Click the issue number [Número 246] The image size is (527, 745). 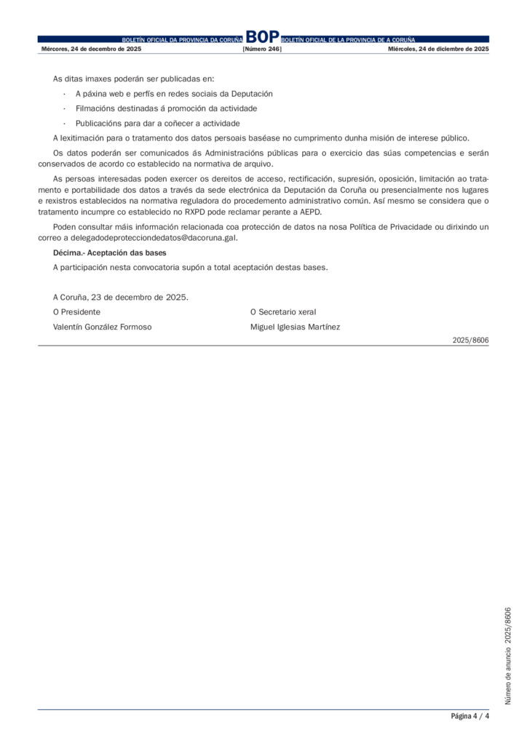(262, 49)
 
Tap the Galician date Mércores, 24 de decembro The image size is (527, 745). (91, 49)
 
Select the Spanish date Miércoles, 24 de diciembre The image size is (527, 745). (438, 49)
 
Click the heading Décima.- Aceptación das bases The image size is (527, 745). (110, 252)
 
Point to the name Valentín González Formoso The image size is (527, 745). (103, 327)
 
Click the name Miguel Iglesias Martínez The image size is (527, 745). (295, 327)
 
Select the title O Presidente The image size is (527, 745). (77, 311)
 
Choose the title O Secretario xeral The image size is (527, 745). (283, 311)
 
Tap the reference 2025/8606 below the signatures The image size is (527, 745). (470, 340)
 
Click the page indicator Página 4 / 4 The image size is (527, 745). (469, 716)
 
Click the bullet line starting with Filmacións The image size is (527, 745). (166, 108)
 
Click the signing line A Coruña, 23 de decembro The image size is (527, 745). (121, 297)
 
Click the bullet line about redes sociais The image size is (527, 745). (174, 93)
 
